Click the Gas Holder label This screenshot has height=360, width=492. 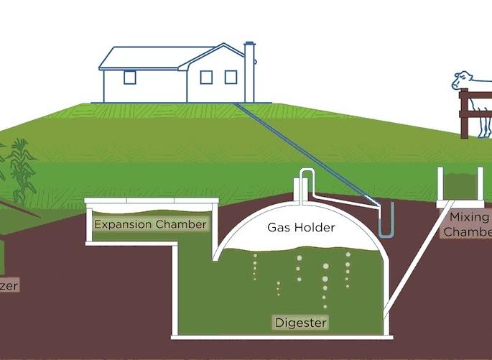[301, 228]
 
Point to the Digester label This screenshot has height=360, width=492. [301, 323]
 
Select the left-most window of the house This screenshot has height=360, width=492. [129, 78]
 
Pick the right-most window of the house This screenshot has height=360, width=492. [231, 77]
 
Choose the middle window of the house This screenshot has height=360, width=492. [206, 77]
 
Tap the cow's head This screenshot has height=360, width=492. [461, 80]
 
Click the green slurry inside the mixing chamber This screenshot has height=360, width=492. [460, 185]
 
